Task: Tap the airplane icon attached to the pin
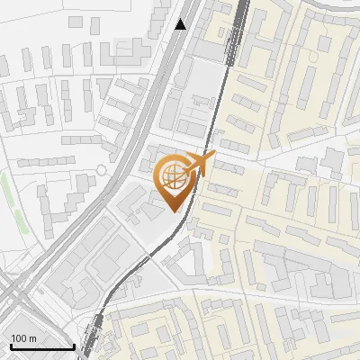pos(199,164)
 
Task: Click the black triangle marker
pos(181,24)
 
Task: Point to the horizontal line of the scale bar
pos(41,347)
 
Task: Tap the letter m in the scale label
pos(32,338)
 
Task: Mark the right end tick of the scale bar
pos(73,346)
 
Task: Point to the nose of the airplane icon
pos(213,157)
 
